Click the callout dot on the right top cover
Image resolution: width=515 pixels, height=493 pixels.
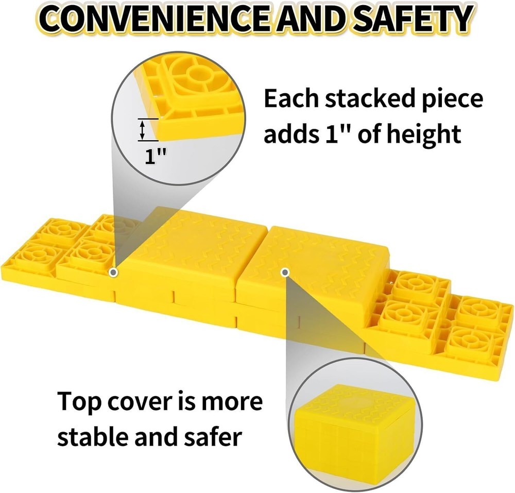[285, 272]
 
